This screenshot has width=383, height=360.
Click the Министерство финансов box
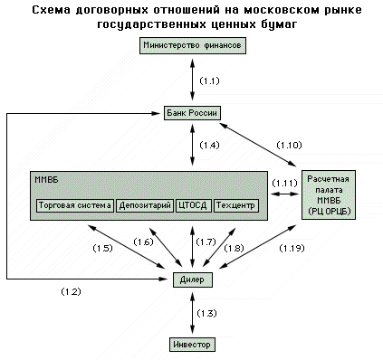pyautogui.click(x=193, y=45)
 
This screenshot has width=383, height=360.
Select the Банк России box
pyautogui.click(x=192, y=113)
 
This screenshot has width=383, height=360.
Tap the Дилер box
pyautogui.click(x=192, y=279)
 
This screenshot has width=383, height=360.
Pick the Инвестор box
pyautogui.click(x=192, y=345)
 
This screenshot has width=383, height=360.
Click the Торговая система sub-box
pyautogui.click(x=75, y=205)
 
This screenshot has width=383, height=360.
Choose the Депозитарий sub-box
pyautogui.click(x=145, y=205)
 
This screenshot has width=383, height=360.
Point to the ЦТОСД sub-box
pyautogui.click(x=193, y=205)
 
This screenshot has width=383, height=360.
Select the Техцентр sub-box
pyautogui.click(x=236, y=205)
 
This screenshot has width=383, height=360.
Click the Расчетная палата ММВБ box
pyautogui.click(x=329, y=194)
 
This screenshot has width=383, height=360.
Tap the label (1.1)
pyautogui.click(x=209, y=81)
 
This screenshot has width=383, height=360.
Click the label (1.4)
pyautogui.click(x=209, y=146)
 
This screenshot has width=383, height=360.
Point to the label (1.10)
pyautogui.click(x=289, y=145)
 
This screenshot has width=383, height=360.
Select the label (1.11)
pyautogui.click(x=284, y=183)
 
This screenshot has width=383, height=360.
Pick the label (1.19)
pyautogui.click(x=292, y=248)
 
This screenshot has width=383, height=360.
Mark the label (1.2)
pyautogui.click(x=71, y=291)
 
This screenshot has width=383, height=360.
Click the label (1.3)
pyautogui.click(x=206, y=313)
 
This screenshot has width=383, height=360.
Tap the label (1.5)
pyautogui.click(x=102, y=248)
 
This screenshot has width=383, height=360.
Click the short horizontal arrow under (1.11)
pyautogui.click(x=284, y=194)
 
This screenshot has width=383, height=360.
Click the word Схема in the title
pyautogui.click(x=51, y=10)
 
